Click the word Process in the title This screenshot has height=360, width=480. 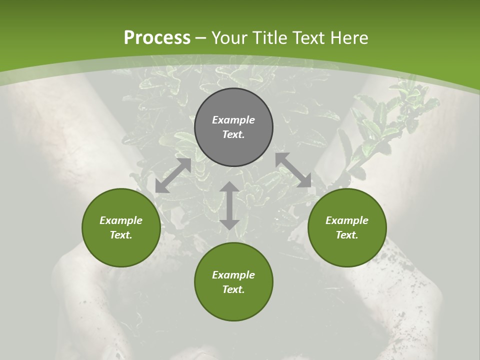[157, 38]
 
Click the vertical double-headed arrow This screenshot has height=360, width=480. [229, 205]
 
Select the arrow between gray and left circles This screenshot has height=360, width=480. [173, 175]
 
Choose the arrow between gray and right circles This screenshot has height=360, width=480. [293, 170]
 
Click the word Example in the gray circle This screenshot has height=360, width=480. [233, 120]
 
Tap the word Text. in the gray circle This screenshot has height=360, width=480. [233, 134]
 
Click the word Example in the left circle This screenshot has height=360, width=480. [121, 220]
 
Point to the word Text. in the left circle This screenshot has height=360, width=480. [121, 235]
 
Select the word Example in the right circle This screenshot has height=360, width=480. [347, 220]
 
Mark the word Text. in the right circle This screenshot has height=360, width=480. [347, 235]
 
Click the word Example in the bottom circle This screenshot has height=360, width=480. [233, 275]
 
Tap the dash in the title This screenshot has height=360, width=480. [201, 38]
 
